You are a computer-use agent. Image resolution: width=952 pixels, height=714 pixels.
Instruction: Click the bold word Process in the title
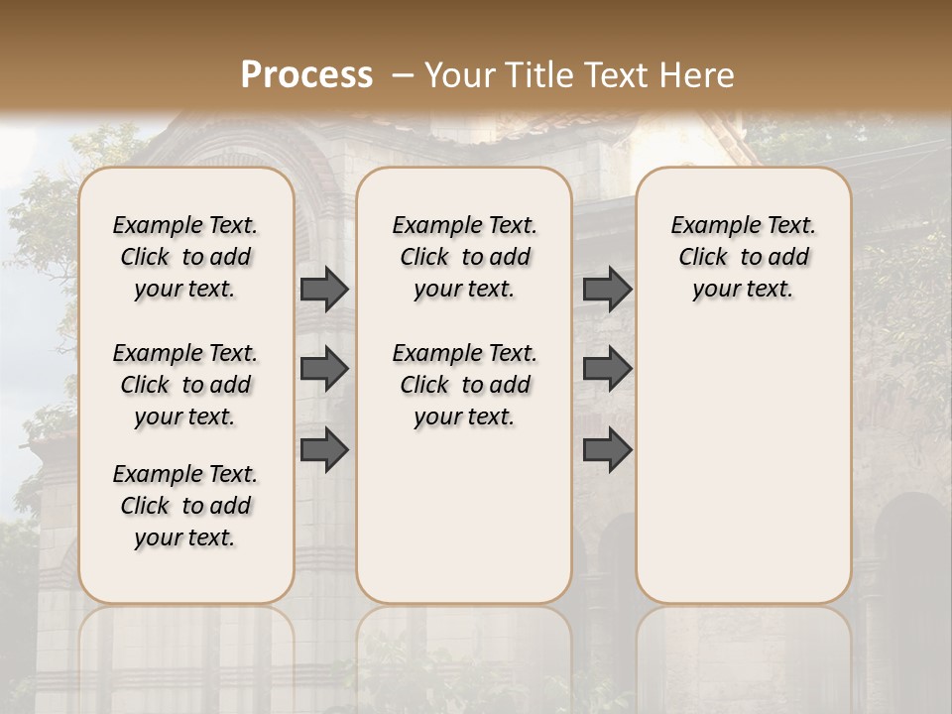pos(306,74)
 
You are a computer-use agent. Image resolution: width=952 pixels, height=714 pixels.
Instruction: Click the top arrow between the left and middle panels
pos(324,290)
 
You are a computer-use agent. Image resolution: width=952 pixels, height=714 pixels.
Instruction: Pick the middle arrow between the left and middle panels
pos(324,369)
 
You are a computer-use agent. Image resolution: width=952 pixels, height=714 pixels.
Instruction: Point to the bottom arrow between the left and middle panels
pos(324,449)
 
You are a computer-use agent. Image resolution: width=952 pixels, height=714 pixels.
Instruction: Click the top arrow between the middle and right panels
pos(607,290)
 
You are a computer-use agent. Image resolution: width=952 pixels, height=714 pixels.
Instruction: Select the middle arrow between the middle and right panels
pos(607,369)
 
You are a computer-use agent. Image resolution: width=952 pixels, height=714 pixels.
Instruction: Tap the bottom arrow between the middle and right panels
pos(607,449)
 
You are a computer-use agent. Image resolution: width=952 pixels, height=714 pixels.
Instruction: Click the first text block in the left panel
pos(185,257)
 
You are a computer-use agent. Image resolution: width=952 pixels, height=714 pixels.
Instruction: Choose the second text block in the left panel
pos(185,385)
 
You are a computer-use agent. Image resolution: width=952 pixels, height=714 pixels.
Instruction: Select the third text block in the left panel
pos(185,506)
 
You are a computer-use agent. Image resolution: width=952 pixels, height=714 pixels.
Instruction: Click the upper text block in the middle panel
pos(464,257)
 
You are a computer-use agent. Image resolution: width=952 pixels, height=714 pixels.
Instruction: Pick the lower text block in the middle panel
pos(464,385)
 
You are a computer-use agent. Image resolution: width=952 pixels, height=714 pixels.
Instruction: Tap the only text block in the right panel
pos(743,257)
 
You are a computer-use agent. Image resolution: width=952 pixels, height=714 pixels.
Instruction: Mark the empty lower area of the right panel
pos(743,456)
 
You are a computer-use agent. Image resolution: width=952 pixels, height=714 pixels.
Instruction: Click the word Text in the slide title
pos(613,74)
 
